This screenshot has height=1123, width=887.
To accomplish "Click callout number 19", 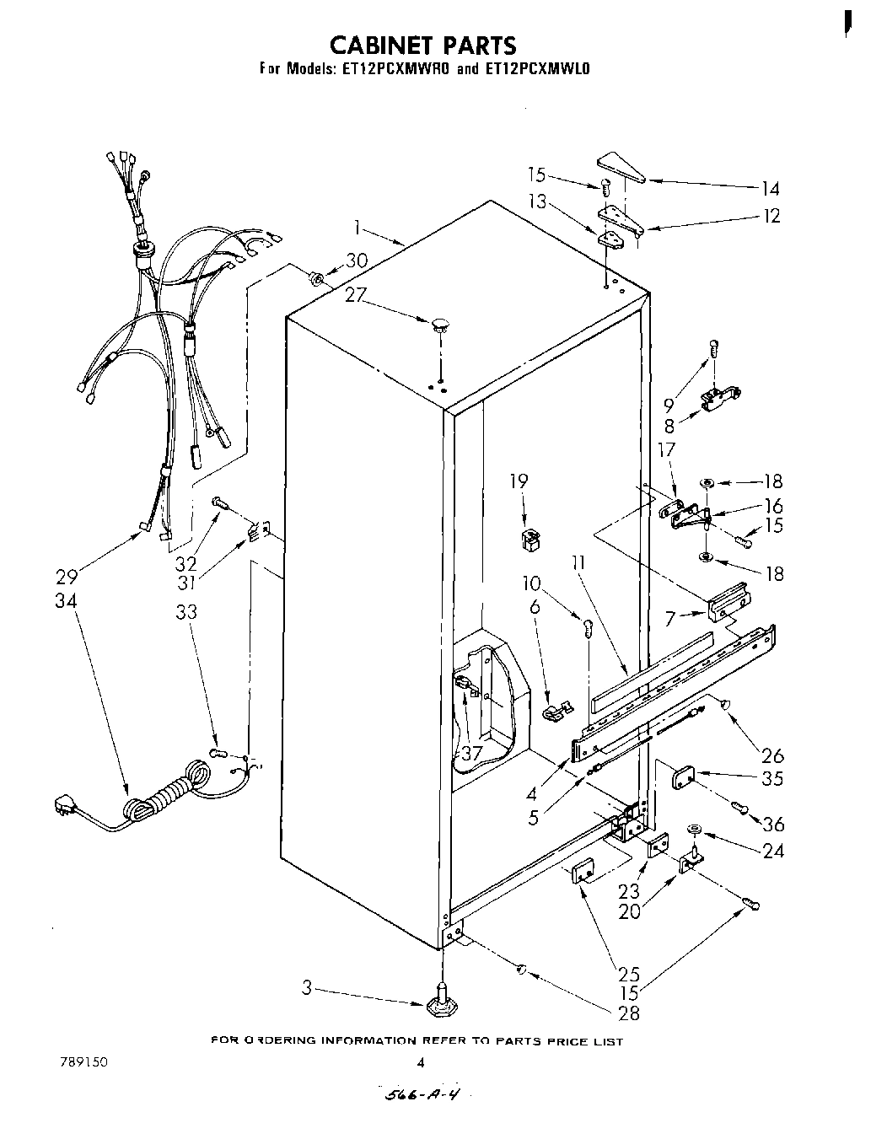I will click(519, 481).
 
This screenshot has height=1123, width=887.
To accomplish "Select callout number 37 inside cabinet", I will click(470, 753).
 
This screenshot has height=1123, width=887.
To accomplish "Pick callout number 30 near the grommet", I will click(357, 261).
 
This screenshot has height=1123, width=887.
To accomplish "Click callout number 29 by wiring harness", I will click(67, 577).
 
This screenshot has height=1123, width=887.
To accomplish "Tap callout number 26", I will click(772, 755).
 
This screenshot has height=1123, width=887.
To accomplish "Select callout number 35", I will click(772, 779).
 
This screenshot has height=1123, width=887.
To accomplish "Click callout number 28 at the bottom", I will click(629, 1013).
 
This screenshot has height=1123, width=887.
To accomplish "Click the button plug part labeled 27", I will click(440, 325).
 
